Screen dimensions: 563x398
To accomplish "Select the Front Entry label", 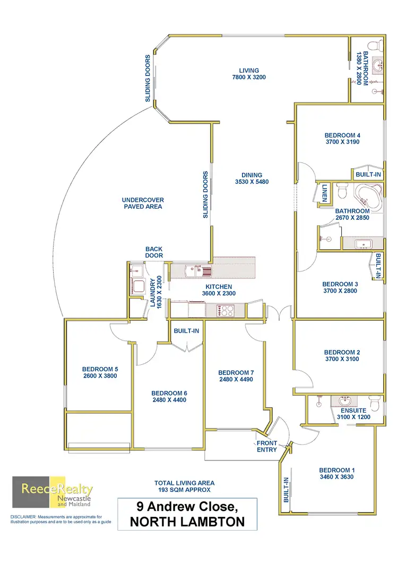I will (x=267, y=446).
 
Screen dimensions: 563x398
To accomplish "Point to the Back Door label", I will (x=154, y=252).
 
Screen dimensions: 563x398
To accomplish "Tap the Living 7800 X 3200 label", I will (x=248, y=74).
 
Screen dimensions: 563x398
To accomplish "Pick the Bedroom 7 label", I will (x=235, y=372).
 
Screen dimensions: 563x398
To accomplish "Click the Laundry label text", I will (x=152, y=293).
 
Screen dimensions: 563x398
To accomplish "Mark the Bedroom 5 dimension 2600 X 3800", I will (x=100, y=376).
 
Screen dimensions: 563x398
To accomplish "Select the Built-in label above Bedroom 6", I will (x=186, y=331).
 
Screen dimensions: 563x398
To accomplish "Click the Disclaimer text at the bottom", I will (x=56, y=519).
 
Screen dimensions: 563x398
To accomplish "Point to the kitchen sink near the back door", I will (x=197, y=271).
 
